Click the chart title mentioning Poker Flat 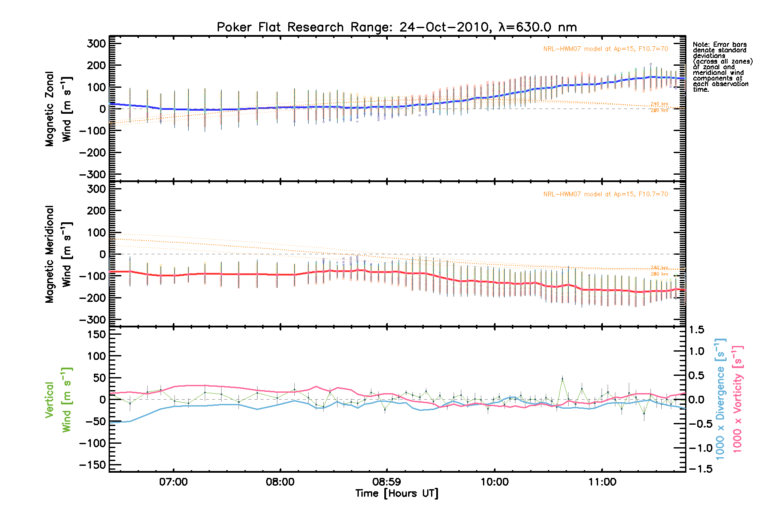point(396,27)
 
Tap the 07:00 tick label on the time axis point(173,482)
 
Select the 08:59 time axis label point(386,482)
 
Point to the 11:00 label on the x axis point(602,482)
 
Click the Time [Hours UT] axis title point(396,493)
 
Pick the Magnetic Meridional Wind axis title point(58,254)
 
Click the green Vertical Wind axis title point(58,400)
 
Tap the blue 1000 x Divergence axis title point(720,399)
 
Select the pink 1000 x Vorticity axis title point(737,399)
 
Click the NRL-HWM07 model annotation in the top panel point(605,49)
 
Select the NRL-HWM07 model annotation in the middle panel point(605,194)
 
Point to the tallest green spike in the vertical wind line point(562,379)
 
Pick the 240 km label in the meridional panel point(659,268)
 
